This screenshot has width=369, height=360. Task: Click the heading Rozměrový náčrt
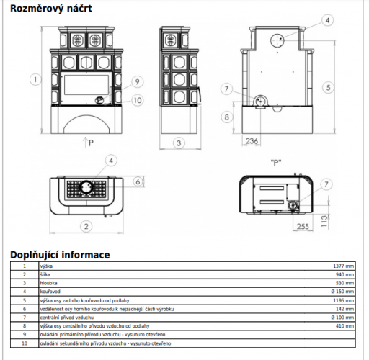(x=51, y=9)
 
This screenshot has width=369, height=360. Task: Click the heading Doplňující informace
(x=60, y=255)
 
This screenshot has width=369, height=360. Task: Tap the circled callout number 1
(x=35, y=79)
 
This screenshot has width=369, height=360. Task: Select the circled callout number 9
(x=137, y=82)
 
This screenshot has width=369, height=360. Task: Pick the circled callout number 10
(x=138, y=100)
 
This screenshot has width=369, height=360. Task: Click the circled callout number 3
(x=179, y=143)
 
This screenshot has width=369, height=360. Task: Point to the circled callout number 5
(x=328, y=87)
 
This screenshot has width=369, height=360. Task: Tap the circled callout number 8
(x=227, y=117)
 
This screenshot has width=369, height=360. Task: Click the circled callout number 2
(x=86, y=226)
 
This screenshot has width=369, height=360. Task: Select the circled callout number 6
(x=138, y=181)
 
